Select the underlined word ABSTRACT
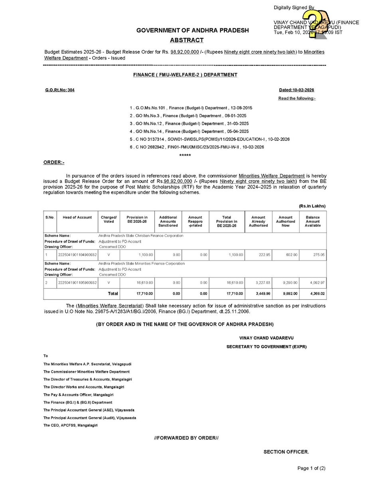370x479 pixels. pyautogui.click(x=186, y=40)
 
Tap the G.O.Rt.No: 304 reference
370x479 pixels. pyautogui.click(x=59, y=90)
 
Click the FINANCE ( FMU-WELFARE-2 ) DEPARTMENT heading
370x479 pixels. pyautogui.click(x=185, y=75)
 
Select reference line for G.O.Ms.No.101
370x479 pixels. pyautogui.click(x=191, y=108)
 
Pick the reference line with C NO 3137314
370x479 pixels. pyautogui.click(x=210, y=139)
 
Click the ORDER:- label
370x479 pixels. pyautogui.click(x=54, y=162)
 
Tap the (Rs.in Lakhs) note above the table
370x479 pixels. pyautogui.click(x=312, y=206)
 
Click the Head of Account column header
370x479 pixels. pyautogui.click(x=77, y=218)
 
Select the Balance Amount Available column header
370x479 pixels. pyautogui.click(x=313, y=221)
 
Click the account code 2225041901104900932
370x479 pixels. pyautogui.click(x=77, y=254)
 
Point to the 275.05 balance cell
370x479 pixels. pyautogui.click(x=313, y=254)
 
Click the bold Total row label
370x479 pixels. pyautogui.click(x=113, y=293)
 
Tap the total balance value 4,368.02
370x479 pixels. pyautogui.click(x=313, y=293)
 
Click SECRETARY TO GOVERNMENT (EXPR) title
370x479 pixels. pyautogui.click(x=266, y=347)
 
